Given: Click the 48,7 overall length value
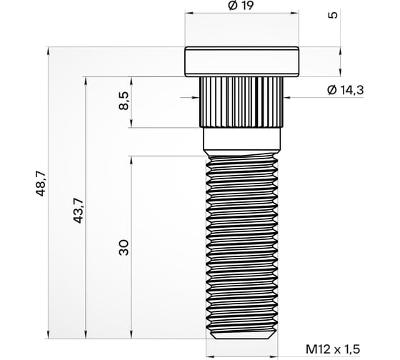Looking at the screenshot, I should coord(41,184).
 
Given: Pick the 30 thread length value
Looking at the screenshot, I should coord(124,248).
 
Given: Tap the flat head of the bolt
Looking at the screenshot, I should coord(241,62).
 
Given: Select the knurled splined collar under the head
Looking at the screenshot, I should coord(241,101).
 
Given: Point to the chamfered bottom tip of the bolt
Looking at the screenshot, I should coord(241,334).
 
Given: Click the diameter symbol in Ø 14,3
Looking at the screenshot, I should coord(330,90).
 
